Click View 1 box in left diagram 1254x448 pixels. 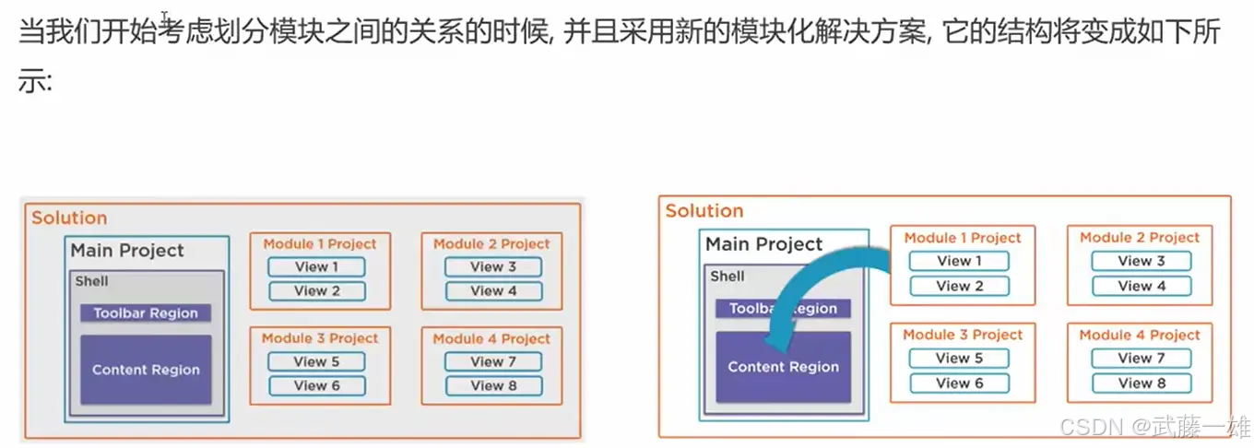tap(316, 267)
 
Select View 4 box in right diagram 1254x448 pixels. tap(1141, 286)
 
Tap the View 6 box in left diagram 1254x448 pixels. tap(316, 386)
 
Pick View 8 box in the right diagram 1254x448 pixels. tap(1142, 383)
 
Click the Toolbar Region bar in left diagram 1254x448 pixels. tap(146, 313)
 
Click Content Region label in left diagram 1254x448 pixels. tap(146, 370)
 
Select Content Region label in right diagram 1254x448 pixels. tap(783, 367)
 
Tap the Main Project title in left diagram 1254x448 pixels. tap(127, 251)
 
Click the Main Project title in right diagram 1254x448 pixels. tap(763, 244)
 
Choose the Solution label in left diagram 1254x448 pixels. tap(69, 218)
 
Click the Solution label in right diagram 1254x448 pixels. tap(704, 211)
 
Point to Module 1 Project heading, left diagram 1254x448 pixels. tap(320, 244)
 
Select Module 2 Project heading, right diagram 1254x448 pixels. tap(1140, 238)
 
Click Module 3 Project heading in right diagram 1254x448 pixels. tap(963, 335)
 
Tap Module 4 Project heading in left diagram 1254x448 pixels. tap(491, 338)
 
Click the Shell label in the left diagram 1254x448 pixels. tap(91, 282)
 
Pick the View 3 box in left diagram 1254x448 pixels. tap(492, 267)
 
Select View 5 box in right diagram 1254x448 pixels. tap(959, 358)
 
